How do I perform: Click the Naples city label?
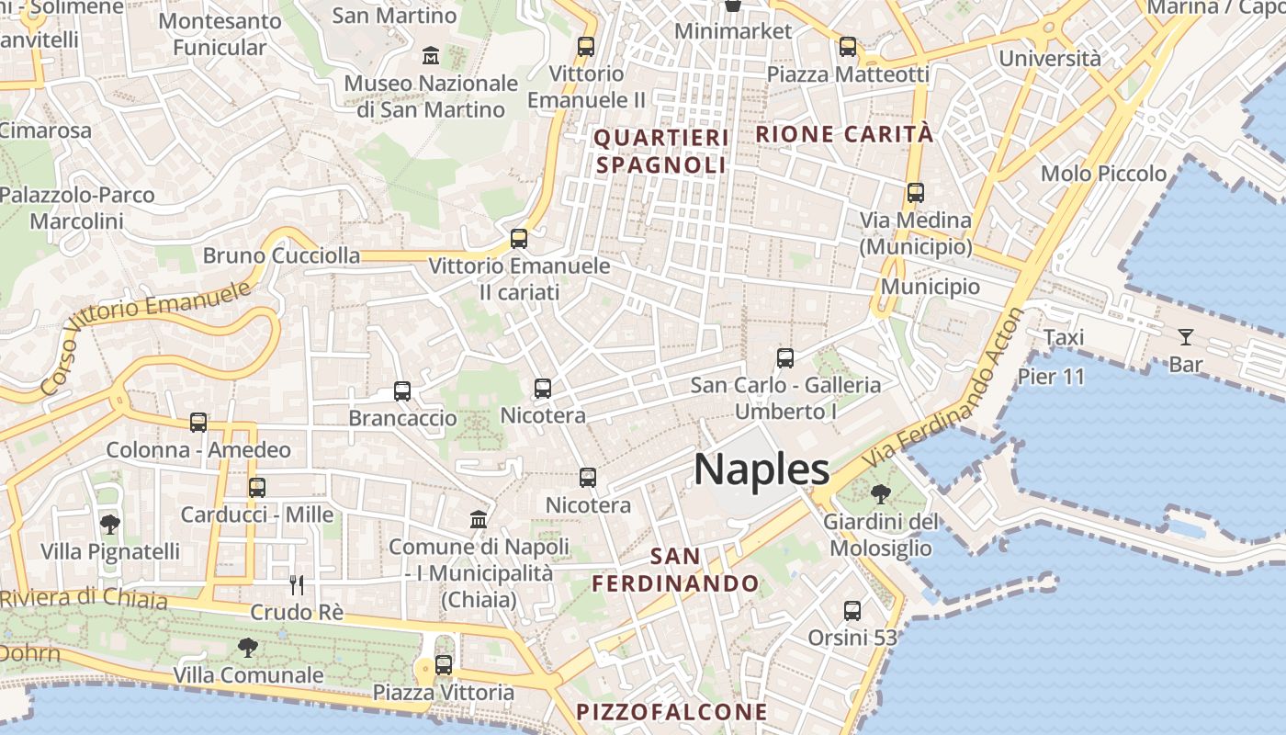761,469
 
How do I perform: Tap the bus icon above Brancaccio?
402,391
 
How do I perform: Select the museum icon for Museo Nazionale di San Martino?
431,56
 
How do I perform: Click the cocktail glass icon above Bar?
1186,337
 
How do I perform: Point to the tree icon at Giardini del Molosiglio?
880,494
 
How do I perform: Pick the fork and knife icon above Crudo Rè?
296,585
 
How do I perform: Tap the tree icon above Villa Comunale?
247,648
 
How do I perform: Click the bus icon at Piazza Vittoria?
444,664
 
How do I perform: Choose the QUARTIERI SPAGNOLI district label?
661,152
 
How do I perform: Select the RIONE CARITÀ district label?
844,134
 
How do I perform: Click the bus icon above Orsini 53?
852,611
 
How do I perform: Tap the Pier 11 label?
1051,377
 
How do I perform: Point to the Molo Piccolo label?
1103,174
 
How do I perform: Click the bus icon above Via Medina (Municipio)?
915,193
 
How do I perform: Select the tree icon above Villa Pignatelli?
110,525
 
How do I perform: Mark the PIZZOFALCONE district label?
671,712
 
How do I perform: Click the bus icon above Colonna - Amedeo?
198,423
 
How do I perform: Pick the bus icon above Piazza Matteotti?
848,46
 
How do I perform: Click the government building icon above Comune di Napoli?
479,520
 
